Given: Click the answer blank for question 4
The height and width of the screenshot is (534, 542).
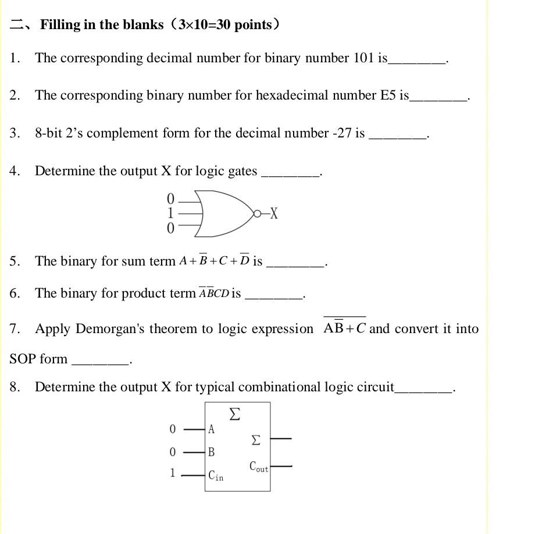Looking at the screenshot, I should pos(291,172).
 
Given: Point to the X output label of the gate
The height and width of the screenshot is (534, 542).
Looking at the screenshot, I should pos(274,214).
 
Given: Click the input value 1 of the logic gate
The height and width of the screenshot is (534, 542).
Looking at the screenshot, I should pos(170,214).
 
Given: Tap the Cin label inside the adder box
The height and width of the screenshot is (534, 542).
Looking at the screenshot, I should pos(215,475).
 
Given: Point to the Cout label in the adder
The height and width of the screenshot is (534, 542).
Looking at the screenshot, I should pos(259,466).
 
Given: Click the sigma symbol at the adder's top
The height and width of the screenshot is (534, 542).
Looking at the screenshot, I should pos(234,414).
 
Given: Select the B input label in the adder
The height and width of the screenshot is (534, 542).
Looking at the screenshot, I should pos(211,452).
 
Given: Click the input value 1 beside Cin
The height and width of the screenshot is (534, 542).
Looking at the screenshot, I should pos(172,473).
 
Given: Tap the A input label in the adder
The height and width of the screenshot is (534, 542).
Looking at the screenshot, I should pos(211,430).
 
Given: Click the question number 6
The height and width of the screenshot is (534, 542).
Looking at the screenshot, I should pos(14,293).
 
